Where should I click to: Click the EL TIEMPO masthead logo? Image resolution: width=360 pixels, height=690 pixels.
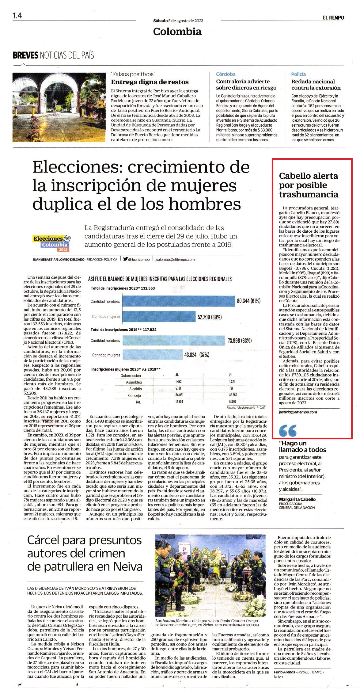333,17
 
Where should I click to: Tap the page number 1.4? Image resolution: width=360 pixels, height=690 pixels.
17,15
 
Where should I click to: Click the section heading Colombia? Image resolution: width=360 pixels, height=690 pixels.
177,31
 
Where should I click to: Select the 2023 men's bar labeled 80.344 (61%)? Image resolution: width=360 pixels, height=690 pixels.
179,301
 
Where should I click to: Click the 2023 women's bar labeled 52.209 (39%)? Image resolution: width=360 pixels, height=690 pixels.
159,316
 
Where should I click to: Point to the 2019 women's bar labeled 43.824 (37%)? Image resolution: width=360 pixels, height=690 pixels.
153,355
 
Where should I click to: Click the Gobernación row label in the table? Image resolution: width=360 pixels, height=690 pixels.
131,375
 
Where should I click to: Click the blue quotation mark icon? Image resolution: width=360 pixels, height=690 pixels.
288,430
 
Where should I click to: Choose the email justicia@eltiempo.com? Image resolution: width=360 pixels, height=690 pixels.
298,412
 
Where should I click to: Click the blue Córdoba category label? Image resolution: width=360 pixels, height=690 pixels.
226,74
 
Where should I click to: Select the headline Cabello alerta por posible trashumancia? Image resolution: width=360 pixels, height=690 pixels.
309,185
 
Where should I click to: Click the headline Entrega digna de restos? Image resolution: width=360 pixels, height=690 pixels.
150,82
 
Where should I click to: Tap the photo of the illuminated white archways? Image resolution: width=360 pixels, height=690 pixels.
59,107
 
